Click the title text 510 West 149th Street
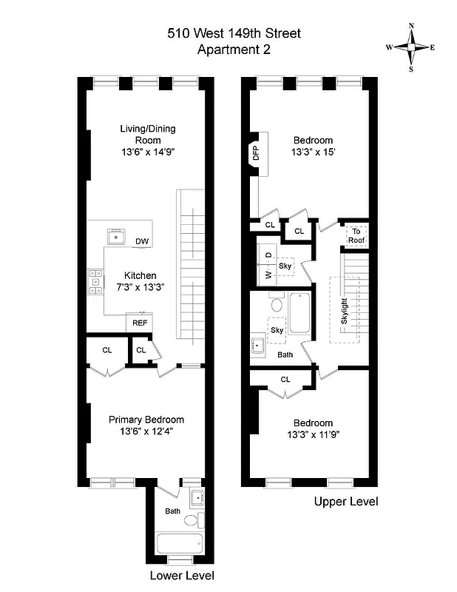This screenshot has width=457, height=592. click(x=234, y=33)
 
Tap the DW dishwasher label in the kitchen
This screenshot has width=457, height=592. click(x=141, y=242)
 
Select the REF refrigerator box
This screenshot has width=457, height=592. click(x=139, y=323)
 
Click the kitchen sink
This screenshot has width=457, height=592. click(x=117, y=236)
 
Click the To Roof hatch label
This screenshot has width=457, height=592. click(x=356, y=235)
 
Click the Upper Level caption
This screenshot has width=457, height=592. click(x=346, y=502)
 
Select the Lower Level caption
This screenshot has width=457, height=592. click(x=182, y=575)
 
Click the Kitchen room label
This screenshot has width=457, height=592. click(x=140, y=275)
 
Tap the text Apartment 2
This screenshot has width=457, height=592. click(x=234, y=50)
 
